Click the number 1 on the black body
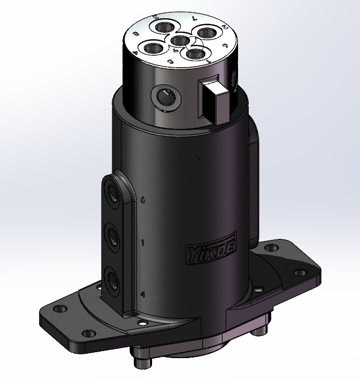142,243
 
